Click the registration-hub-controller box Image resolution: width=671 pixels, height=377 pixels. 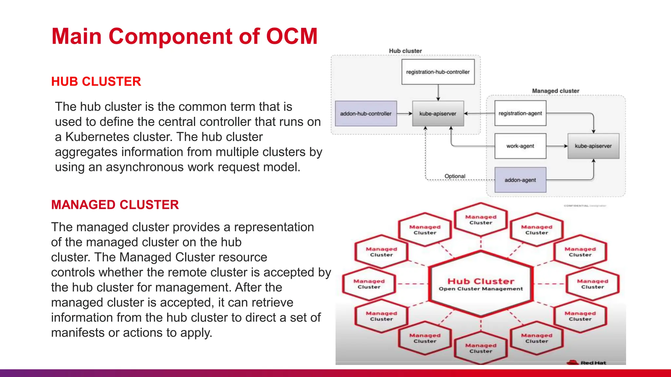[438, 72]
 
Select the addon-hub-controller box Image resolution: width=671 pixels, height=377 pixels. [366, 114]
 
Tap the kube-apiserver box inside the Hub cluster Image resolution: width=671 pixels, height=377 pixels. [438, 114]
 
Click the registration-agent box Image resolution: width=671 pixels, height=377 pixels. [520, 113]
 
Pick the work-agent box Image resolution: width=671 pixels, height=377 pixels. [520, 146]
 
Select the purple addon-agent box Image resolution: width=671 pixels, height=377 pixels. [520, 180]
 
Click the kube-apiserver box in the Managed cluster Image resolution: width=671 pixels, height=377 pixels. [593, 146]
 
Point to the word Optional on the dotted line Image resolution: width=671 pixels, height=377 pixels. [455, 176]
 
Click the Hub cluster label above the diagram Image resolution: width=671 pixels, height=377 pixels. [405, 51]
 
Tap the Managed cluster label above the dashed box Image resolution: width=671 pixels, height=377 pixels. [555, 91]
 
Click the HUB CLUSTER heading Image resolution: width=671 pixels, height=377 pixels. [96, 81]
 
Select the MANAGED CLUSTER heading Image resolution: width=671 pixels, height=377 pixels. [115, 205]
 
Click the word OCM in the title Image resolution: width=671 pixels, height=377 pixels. [292, 36]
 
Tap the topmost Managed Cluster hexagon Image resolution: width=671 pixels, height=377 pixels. [481, 220]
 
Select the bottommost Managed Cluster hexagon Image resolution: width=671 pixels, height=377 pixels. [481, 348]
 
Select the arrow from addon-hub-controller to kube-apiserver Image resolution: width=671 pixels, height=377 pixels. [404, 114]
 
